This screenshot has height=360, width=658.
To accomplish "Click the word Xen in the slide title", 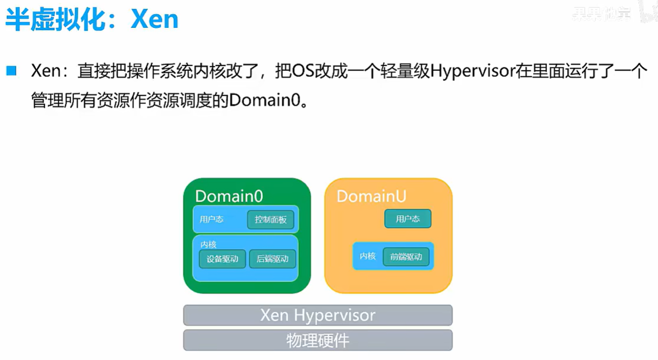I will (154, 19).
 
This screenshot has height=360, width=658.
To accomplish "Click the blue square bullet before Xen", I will (12, 70).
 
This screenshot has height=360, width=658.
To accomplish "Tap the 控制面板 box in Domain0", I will (271, 220).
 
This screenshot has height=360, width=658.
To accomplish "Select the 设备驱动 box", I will (222, 259).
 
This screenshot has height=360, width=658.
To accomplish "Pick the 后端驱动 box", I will (272, 259).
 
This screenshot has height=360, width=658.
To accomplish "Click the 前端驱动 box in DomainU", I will (406, 257).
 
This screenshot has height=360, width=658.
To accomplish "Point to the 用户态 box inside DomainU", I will (408, 219).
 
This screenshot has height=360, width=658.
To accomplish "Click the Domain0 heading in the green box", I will (229, 196).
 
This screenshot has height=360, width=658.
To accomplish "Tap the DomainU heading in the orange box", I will (372, 196).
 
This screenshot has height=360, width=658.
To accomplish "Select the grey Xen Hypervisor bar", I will (317, 315).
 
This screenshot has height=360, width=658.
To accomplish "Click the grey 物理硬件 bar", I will (317, 341).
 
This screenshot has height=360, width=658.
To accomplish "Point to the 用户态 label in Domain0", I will (211, 219).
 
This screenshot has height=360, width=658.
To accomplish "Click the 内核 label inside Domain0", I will (208, 245).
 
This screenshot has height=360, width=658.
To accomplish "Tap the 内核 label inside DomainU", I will (367, 256).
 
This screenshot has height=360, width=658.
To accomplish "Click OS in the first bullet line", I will (302, 71).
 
